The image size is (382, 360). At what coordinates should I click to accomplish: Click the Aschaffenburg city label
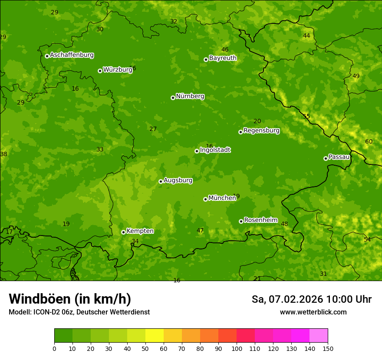point(72,55)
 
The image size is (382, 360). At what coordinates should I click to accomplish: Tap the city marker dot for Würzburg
point(100,71)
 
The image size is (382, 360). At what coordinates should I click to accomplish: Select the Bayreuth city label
point(223,58)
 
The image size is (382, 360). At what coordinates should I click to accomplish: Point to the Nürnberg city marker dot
point(173,98)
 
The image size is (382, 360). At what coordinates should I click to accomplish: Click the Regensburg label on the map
point(261,131)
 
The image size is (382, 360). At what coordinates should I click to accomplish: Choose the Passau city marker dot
point(326,158)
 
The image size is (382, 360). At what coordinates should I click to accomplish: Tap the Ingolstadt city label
point(215,150)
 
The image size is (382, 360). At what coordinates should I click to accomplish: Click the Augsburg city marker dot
point(161,181)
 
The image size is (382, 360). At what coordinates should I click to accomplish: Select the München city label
point(222,198)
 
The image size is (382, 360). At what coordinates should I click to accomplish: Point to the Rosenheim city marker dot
point(241,221)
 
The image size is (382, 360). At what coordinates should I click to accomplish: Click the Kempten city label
point(140,231)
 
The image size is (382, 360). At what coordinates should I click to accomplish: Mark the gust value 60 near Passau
point(369,142)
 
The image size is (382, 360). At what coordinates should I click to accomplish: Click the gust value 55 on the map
point(306,116)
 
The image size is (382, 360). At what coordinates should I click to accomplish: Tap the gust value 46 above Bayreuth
point(225,50)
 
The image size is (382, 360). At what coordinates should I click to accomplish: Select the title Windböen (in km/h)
point(69,299)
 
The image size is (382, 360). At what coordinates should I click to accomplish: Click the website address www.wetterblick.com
point(313,312)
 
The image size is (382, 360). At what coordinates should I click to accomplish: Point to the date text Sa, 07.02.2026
point(287,299)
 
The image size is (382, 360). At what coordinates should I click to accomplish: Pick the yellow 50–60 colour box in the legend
point(155,336)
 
